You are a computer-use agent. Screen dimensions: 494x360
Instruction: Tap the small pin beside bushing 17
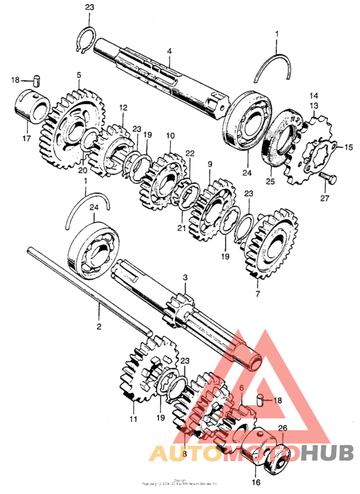pyautogui.click(x=37, y=80)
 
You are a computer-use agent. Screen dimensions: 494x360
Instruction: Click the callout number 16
pyautogui.click(x=256, y=482)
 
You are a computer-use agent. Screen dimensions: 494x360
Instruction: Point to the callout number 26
pyautogui.click(x=282, y=428)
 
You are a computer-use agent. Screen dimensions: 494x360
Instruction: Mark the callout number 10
pyautogui.click(x=170, y=136)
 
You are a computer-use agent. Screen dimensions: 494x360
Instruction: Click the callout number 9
pyautogui.click(x=209, y=165)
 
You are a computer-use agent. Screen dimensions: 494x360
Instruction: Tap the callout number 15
pyautogui.click(x=349, y=147)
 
